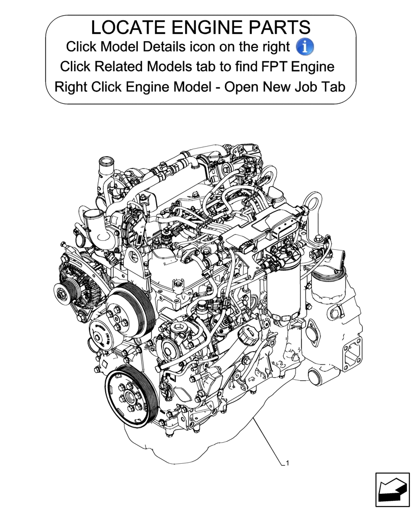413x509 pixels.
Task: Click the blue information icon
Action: tap(305, 47)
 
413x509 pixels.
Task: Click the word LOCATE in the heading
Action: tap(127, 27)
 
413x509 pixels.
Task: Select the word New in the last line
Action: tap(276, 87)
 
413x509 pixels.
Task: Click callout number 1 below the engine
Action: tap(287, 463)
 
